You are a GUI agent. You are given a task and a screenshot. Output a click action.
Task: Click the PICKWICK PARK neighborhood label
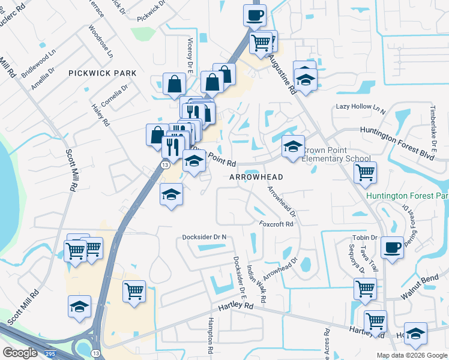tap(102, 73)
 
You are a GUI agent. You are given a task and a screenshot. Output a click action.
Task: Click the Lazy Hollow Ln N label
tap(360, 107)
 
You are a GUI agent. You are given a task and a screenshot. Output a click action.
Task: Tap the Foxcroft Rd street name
tap(276, 224)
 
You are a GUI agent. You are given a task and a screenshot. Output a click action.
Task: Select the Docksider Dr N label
tap(205, 237)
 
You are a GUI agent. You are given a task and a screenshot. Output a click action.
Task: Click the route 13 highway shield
tap(164, 164)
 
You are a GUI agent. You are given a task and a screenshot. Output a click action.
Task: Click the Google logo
tap(20, 352)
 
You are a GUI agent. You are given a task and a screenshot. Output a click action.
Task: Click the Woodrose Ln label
tap(100, 41)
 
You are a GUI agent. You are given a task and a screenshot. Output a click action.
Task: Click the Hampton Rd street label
tap(211, 335)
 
